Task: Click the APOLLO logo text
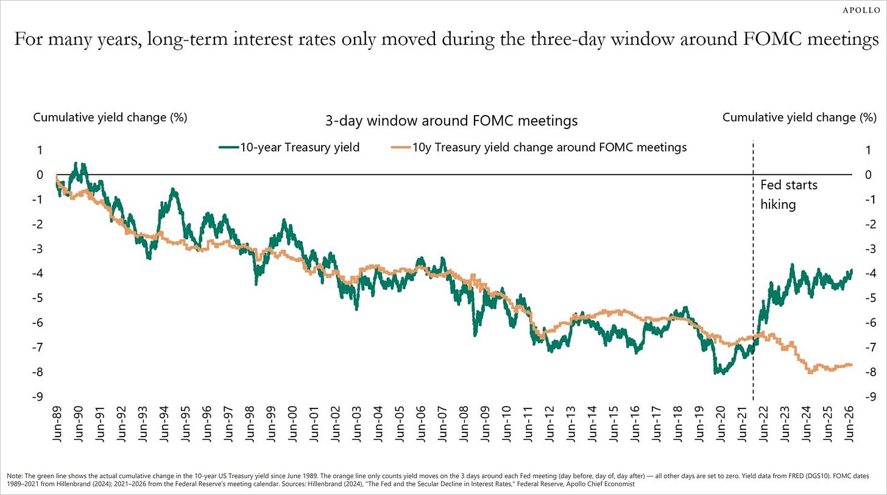tap(861, 10)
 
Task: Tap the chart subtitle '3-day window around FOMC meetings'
tap(451, 121)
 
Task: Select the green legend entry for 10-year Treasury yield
tap(289, 147)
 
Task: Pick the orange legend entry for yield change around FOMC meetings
tap(539, 147)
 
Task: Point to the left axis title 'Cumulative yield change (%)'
tap(110, 118)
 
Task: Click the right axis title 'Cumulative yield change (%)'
tap(799, 118)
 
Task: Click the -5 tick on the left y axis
tap(37, 298)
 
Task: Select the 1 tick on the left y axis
tap(40, 150)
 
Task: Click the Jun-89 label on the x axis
tap(57, 424)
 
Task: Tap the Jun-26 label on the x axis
tap(848, 424)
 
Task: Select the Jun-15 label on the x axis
tap(613, 424)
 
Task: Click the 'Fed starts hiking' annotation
tap(789, 195)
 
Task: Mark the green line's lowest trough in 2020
tap(715, 373)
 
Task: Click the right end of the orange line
tap(852, 365)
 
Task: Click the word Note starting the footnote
tap(15, 476)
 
